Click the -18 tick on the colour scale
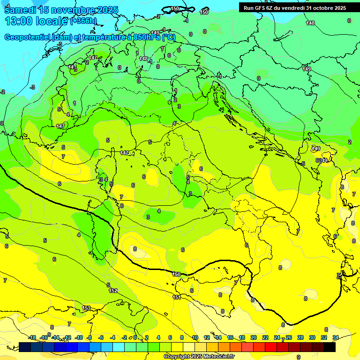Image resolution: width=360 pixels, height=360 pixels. point(32,337)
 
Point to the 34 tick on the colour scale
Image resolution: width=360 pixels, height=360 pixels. point(336,337)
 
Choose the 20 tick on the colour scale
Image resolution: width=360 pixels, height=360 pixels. point(254,337)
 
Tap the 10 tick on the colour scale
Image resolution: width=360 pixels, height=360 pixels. point(195,337)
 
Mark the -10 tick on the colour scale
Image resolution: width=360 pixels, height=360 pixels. point(79,337)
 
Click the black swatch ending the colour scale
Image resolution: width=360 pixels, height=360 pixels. point(330,347)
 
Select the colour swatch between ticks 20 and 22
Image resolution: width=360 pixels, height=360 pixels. point(259,347)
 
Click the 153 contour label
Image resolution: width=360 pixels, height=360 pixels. point(86,308)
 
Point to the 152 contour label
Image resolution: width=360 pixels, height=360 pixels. point(113,291)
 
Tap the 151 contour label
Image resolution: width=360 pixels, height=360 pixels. point(177,297)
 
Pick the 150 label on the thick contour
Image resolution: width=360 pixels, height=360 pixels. point(176,274)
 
